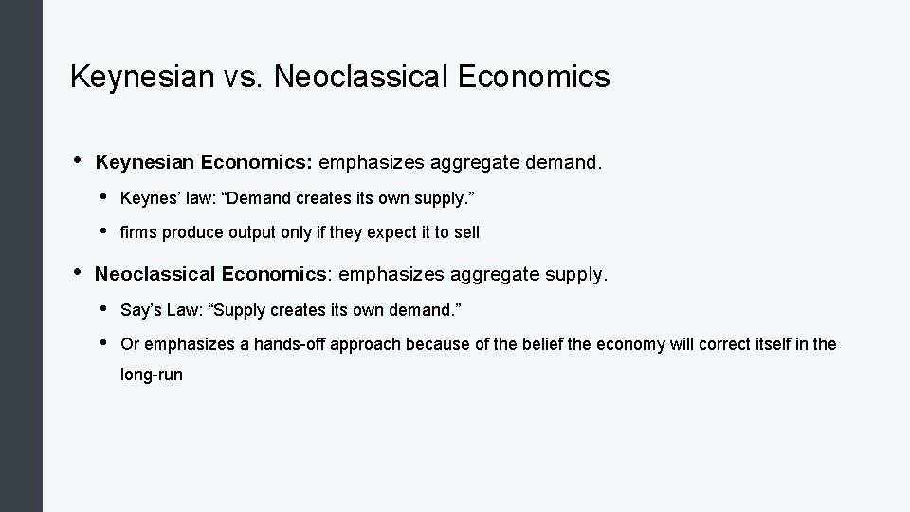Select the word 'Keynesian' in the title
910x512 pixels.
coord(140,77)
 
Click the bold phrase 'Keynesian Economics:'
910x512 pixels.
coord(204,163)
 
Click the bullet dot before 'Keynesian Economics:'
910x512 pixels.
coord(75,161)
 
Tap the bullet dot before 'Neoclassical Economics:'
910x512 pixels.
coord(75,273)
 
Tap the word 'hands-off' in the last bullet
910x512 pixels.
coord(286,344)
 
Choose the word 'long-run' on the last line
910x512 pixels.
coord(152,375)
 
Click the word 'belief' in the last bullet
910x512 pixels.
coord(540,344)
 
